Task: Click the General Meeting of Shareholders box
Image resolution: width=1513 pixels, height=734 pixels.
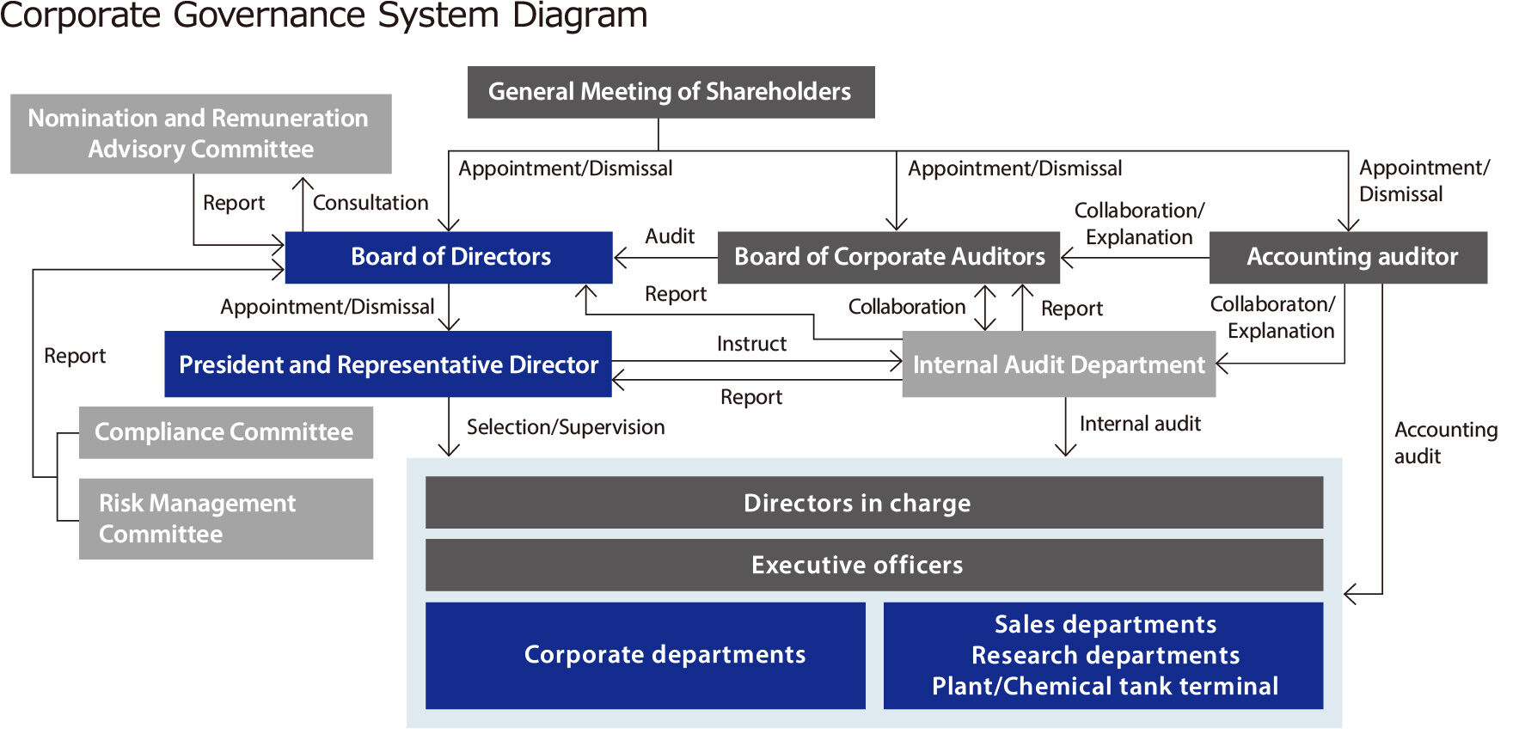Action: pos(671,92)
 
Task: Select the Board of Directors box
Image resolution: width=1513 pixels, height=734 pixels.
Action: pos(449,257)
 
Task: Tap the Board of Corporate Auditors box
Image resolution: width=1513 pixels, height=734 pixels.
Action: pos(888,257)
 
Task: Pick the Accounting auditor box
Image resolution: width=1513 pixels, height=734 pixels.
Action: pos(1347,257)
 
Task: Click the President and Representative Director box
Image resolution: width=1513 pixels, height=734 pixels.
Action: pos(388,364)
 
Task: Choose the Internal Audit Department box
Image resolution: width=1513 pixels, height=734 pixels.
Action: pos(1058,364)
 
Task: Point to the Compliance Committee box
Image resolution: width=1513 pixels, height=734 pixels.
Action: pos(225,432)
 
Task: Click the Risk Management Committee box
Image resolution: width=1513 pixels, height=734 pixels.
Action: pos(225,518)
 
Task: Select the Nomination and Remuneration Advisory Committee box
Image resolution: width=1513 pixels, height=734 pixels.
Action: pos(200,134)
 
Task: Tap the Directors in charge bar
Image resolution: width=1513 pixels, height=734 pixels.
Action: pos(873,503)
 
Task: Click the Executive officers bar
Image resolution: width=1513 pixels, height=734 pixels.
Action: pos(873,565)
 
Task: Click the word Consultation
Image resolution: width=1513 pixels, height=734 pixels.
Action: pos(371,203)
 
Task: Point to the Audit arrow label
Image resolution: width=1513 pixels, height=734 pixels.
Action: pos(670,236)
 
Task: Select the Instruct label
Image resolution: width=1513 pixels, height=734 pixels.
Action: pos(751,344)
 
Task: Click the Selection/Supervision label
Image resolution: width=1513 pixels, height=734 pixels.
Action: pos(566,427)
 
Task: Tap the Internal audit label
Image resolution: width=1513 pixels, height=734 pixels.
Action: pos(1140,424)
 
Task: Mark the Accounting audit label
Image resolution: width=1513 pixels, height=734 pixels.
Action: pos(1444,443)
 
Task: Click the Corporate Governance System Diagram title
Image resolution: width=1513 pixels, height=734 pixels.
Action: pos(323,15)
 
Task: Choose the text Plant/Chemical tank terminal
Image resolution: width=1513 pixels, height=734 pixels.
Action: pos(1105,686)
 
